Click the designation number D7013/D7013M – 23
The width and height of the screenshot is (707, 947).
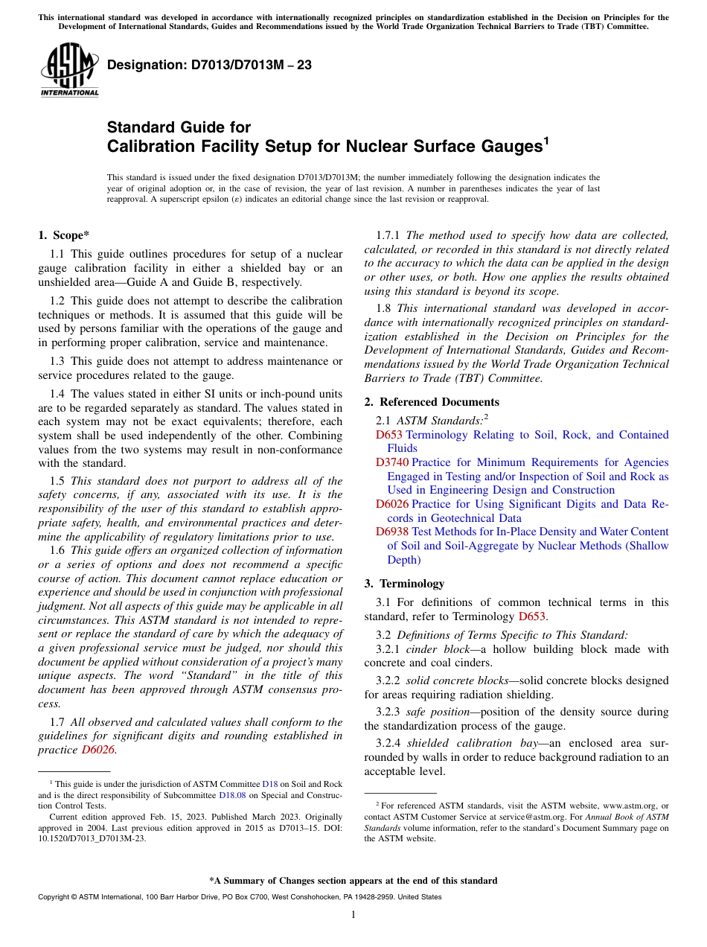(x=209, y=66)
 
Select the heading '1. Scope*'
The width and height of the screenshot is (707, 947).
(x=64, y=236)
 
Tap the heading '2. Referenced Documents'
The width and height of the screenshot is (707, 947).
(x=432, y=402)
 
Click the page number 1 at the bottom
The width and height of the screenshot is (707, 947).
(x=353, y=915)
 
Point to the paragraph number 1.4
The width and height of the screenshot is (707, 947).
(x=58, y=394)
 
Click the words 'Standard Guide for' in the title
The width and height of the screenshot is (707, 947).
(x=179, y=127)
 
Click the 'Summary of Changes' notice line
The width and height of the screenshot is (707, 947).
(x=353, y=881)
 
